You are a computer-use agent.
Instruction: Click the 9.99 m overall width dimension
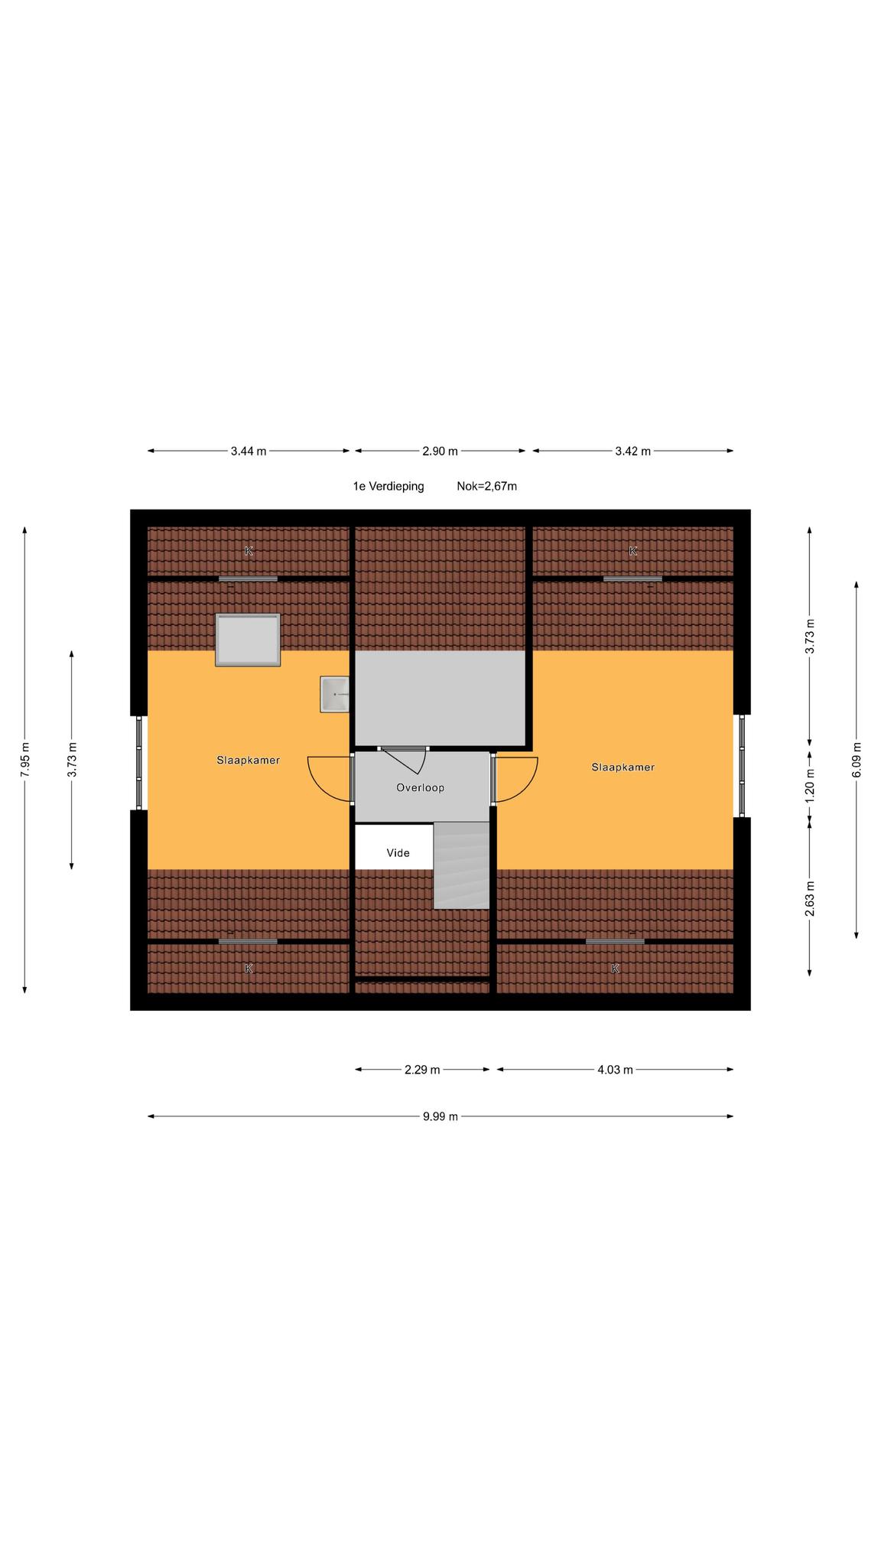point(440,1116)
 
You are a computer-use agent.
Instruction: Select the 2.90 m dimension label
point(440,451)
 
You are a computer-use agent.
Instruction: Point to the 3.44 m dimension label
point(249,451)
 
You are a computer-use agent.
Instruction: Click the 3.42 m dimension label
point(633,451)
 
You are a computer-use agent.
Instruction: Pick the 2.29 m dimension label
point(422,1070)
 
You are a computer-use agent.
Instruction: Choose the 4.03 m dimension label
point(615,1070)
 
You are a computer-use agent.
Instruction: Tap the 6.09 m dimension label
point(857,760)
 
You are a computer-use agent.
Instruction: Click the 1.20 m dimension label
point(810,783)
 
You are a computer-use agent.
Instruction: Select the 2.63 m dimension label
point(810,899)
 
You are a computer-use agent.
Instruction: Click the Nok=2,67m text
point(487,486)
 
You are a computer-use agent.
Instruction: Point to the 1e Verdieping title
point(388,486)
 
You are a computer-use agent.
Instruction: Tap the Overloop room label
point(420,787)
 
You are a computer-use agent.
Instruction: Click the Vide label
point(398,853)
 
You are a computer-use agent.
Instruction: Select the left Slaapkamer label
point(249,761)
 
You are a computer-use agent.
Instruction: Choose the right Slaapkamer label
point(623,767)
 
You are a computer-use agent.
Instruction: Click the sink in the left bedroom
point(334,695)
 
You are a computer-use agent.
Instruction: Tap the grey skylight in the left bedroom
point(248,640)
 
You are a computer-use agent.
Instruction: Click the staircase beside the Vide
point(461,865)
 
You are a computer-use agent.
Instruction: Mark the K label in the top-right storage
point(633,551)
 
